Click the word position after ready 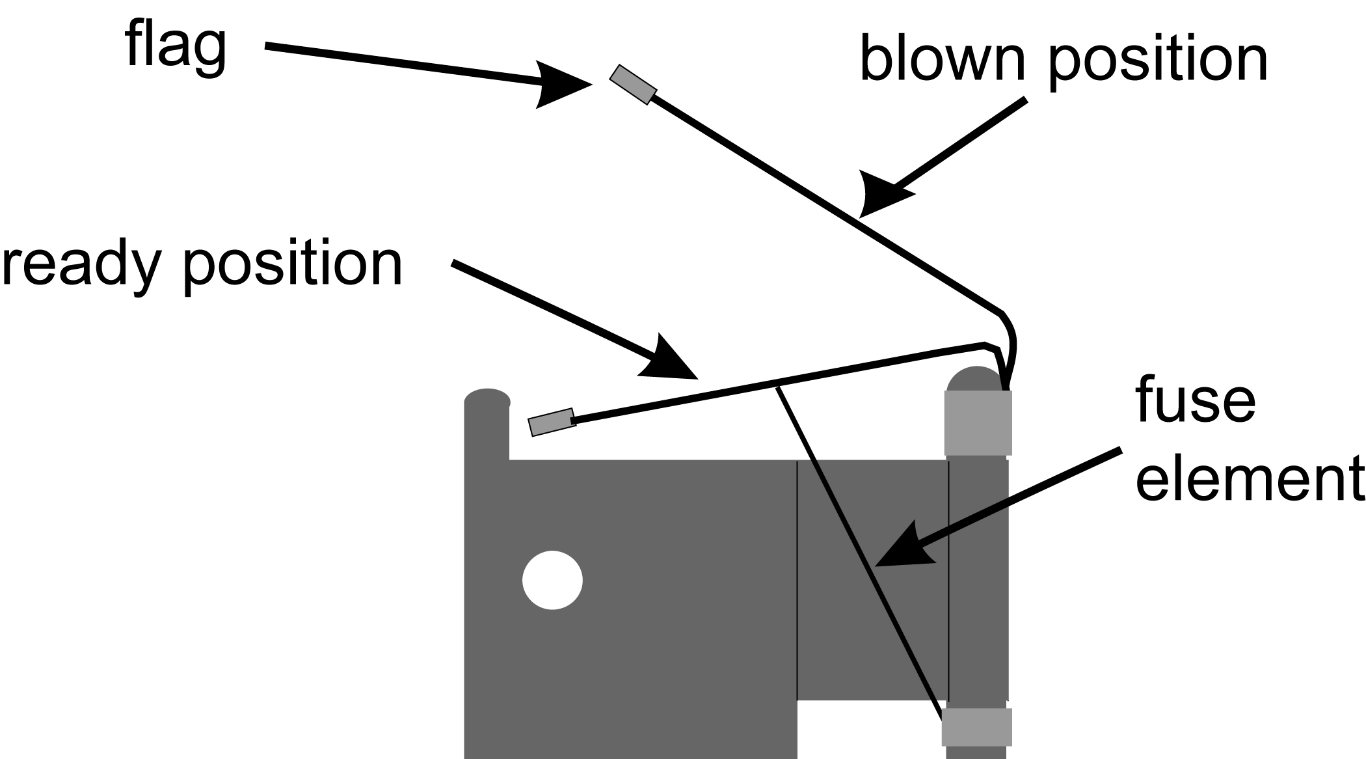click(x=293, y=265)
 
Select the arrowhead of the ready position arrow click(x=670, y=361)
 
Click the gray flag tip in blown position click(x=632, y=85)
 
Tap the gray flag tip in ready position click(x=552, y=422)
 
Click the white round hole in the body click(x=552, y=580)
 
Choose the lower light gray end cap click(x=976, y=726)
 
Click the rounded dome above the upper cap click(x=974, y=379)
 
